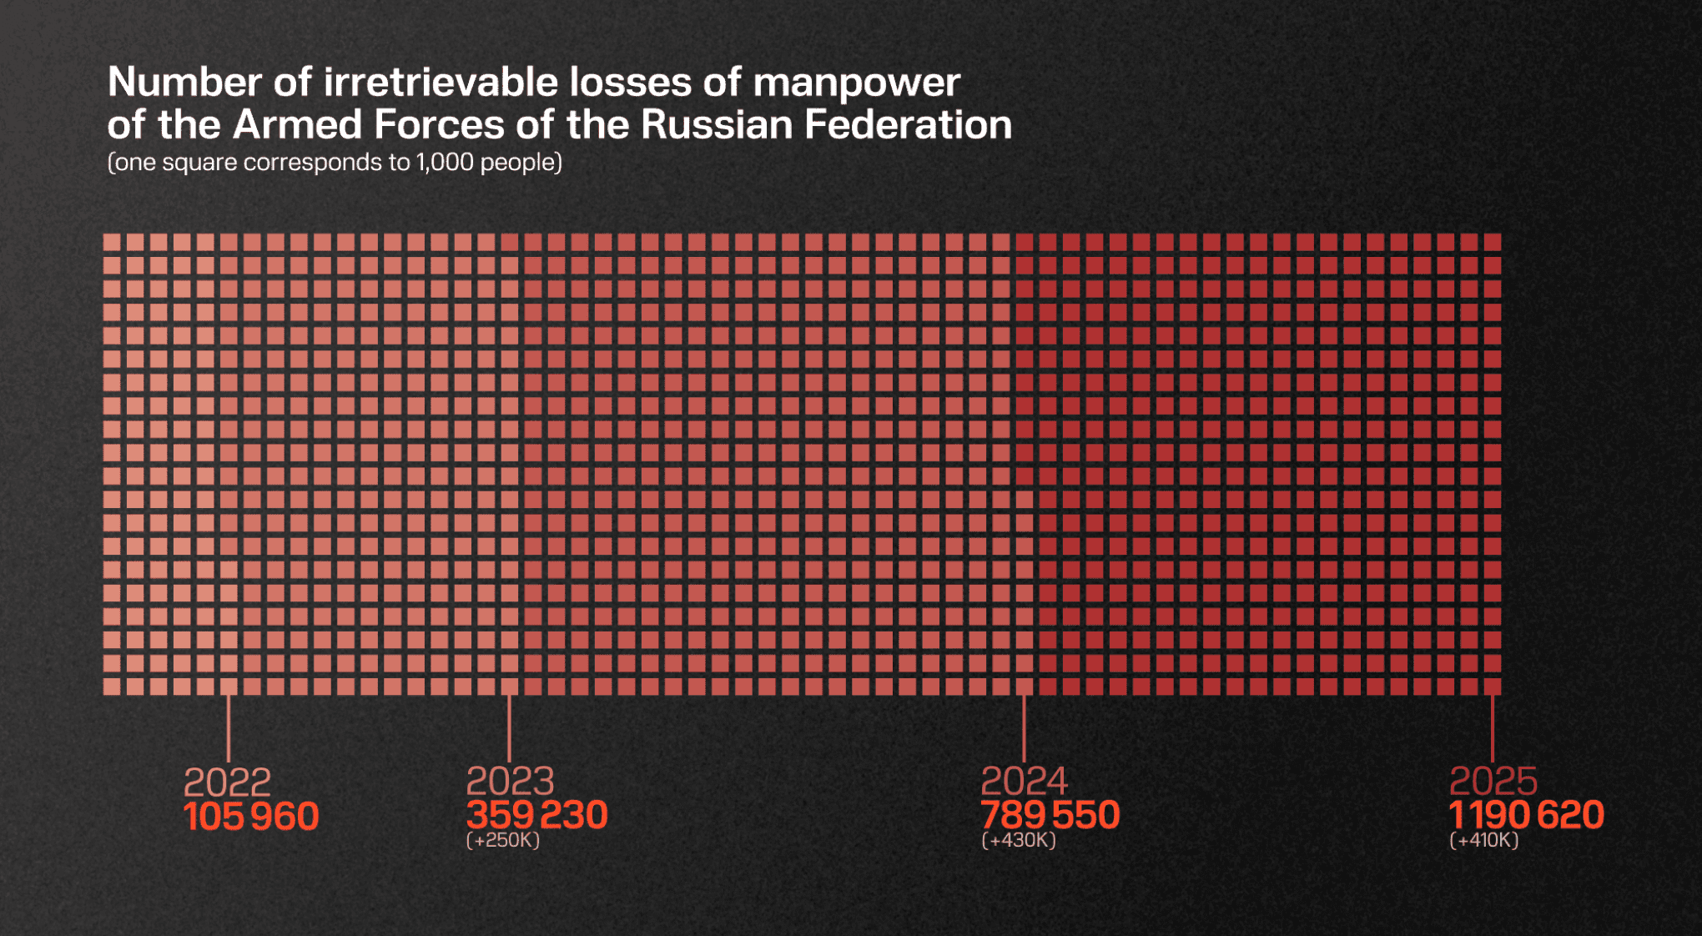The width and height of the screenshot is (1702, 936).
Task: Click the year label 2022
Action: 227,783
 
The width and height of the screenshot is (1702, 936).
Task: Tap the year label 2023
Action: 510,781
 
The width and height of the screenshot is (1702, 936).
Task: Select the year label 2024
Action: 1024,781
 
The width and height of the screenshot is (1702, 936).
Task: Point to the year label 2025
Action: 1493,781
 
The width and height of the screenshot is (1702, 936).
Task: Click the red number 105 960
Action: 251,817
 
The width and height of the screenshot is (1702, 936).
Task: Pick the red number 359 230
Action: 536,815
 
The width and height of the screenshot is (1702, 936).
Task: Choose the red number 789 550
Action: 1050,815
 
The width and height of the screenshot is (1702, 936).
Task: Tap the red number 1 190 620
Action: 1526,815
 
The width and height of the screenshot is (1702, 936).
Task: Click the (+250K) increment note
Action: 503,840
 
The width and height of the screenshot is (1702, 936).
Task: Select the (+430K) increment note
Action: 1019,840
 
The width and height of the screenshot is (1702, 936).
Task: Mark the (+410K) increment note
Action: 1483,840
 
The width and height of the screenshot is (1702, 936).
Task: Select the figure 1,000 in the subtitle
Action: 446,162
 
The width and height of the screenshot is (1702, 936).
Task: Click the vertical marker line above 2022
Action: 228,727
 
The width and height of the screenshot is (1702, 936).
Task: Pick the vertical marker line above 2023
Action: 509,727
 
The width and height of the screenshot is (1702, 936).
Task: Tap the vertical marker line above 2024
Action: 1024,727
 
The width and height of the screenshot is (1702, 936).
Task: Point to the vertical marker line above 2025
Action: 1492,727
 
